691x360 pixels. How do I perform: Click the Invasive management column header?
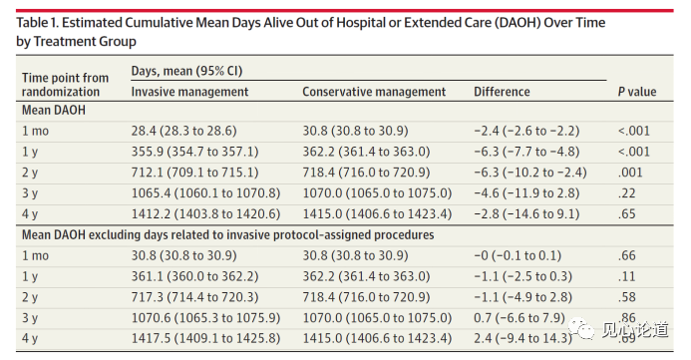pos(189,92)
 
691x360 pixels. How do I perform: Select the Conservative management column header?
pos(374,92)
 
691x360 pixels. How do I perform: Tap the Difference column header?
pos(502,92)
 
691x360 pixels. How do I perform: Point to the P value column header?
pos(637,92)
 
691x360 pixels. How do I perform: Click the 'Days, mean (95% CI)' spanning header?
pos(186,71)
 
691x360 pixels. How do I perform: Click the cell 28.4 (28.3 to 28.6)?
pos(183,131)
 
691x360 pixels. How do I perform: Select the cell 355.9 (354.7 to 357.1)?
pos(194,152)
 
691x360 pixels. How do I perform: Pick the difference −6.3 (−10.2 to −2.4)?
pos(530,173)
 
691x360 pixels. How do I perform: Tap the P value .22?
pos(626,193)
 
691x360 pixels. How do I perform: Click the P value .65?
pos(626,213)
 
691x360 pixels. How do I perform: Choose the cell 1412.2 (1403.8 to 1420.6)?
pos(205,213)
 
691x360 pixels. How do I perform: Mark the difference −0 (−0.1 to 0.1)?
pos(518,255)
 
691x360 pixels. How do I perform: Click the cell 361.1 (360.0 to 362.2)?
pos(194,276)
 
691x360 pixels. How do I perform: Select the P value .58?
pos(626,297)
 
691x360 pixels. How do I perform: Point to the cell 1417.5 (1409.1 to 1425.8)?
pos(205,338)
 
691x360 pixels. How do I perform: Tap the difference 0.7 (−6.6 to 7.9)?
pos(519,318)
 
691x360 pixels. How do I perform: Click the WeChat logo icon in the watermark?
pos(582,329)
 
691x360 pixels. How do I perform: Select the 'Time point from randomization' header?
pos(65,85)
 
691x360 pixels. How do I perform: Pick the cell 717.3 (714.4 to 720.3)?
pos(194,297)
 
